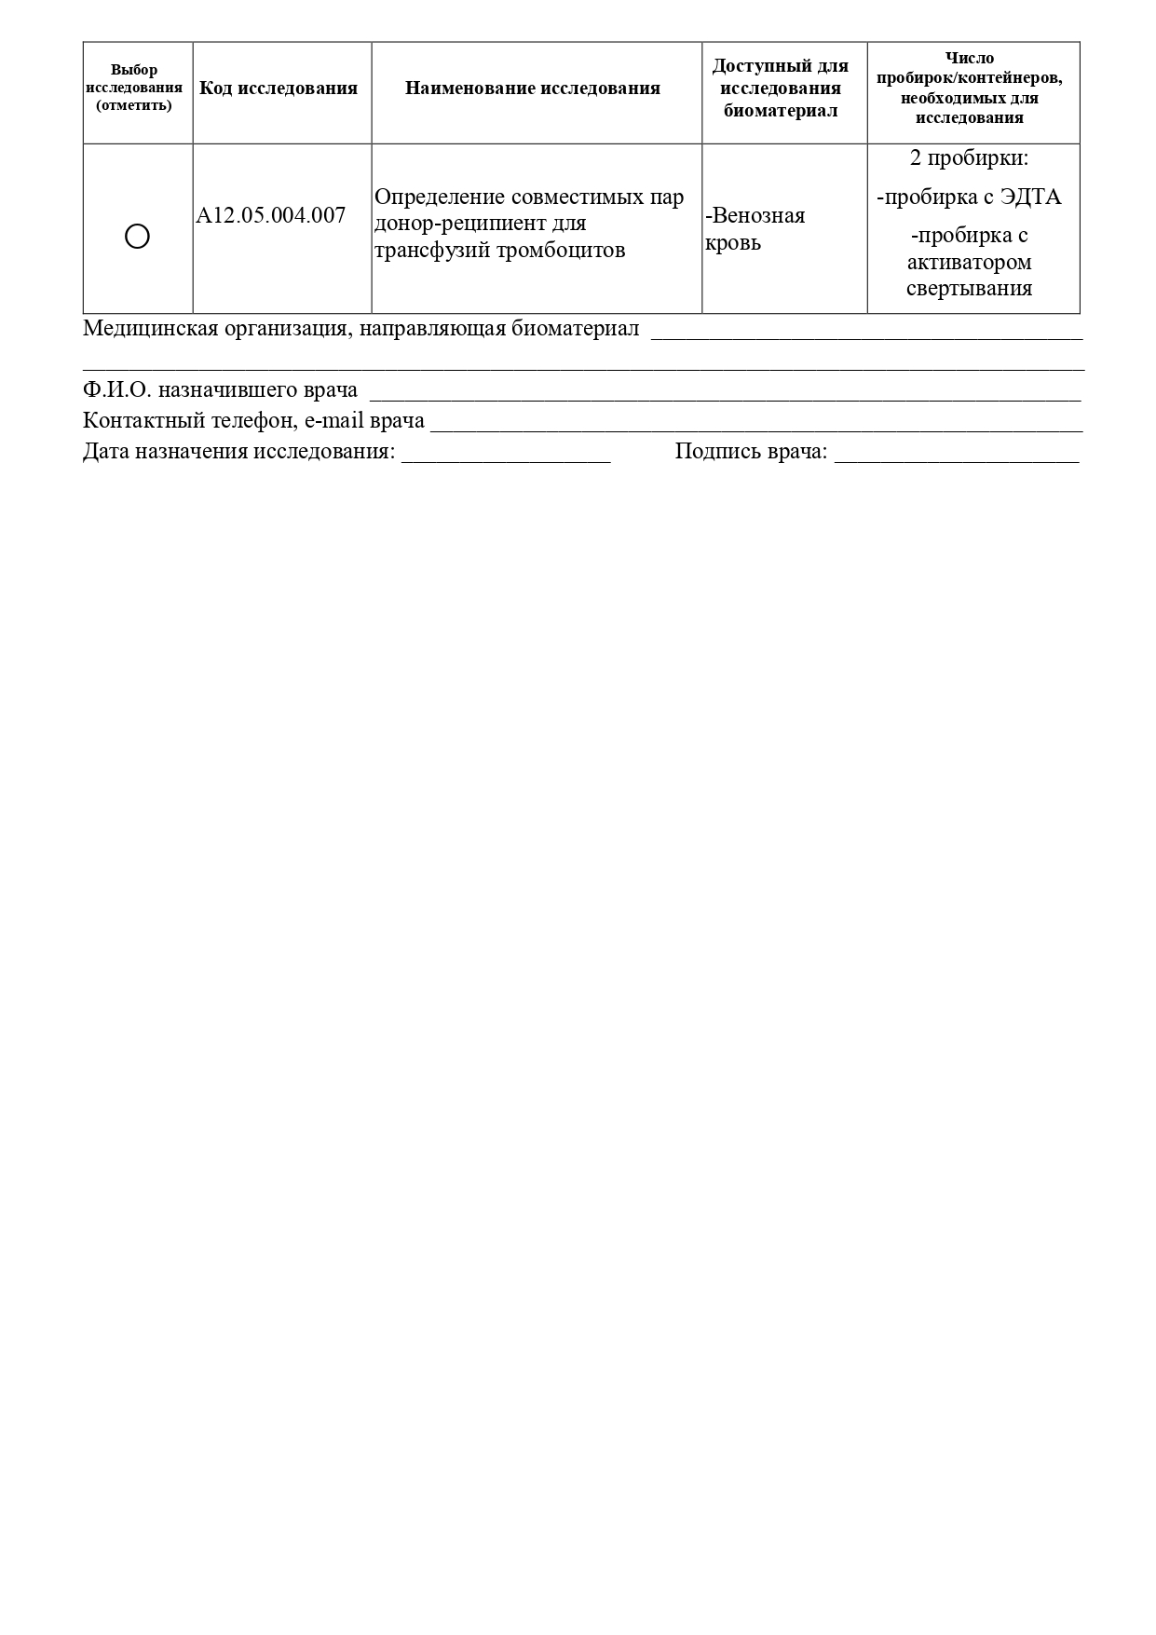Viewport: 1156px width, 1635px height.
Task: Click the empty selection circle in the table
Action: pyautogui.click(x=137, y=237)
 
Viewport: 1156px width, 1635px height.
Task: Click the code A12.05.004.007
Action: pyautogui.click(x=270, y=215)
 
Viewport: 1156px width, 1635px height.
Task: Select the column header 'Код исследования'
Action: pyautogui.click(x=279, y=89)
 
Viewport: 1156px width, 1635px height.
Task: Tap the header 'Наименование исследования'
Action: pyautogui.click(x=532, y=89)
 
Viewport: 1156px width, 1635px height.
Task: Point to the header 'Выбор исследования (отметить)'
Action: pyautogui.click(x=134, y=88)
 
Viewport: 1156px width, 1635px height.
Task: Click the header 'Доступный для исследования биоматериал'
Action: pyautogui.click(x=780, y=89)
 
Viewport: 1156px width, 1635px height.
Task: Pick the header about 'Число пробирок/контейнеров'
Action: pyautogui.click(x=969, y=88)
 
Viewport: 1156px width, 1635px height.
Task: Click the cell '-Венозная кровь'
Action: pyautogui.click(x=755, y=228)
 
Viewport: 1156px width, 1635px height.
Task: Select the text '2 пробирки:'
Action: pyautogui.click(x=969, y=157)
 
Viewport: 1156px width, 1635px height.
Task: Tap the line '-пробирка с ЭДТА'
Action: pyautogui.click(x=969, y=198)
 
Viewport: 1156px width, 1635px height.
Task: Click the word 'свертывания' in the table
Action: pyautogui.click(x=969, y=288)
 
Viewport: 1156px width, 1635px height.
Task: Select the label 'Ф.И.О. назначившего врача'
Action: pyautogui.click(x=220, y=389)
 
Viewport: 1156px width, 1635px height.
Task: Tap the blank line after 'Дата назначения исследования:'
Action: pyautogui.click(x=506, y=453)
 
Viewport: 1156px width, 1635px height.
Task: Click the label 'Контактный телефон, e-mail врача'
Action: pyautogui.click(x=253, y=420)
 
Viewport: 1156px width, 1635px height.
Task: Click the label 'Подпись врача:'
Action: pyautogui.click(x=751, y=452)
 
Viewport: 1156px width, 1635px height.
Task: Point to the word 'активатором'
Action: pyautogui.click(x=969, y=262)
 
